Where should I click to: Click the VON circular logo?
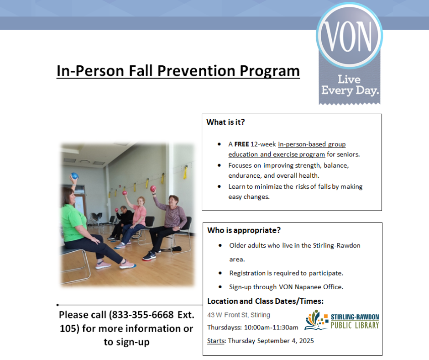[x=350, y=36]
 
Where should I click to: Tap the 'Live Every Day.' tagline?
[x=350, y=85]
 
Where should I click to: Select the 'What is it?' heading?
[x=225, y=122]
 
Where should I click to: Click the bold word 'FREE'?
[x=241, y=144]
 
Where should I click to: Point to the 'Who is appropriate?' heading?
[x=244, y=230]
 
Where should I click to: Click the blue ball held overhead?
[x=74, y=176]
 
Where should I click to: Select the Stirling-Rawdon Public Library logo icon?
[x=316, y=320]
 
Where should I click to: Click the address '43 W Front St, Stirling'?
[x=239, y=315]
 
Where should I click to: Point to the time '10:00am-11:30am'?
[x=271, y=328]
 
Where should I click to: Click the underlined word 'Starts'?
[x=215, y=341]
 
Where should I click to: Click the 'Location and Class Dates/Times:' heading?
[x=266, y=301]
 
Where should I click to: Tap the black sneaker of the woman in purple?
[x=149, y=256]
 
